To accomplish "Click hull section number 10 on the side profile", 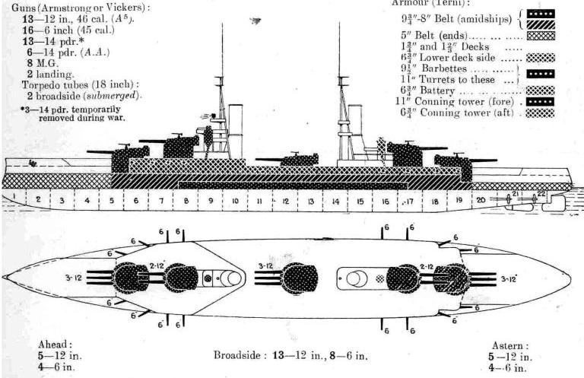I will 236,201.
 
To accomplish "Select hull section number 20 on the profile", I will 481,199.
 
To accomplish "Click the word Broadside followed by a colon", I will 243,354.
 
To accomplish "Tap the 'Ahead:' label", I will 57,343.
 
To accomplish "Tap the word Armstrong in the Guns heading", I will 61,7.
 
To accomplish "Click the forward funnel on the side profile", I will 236,122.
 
